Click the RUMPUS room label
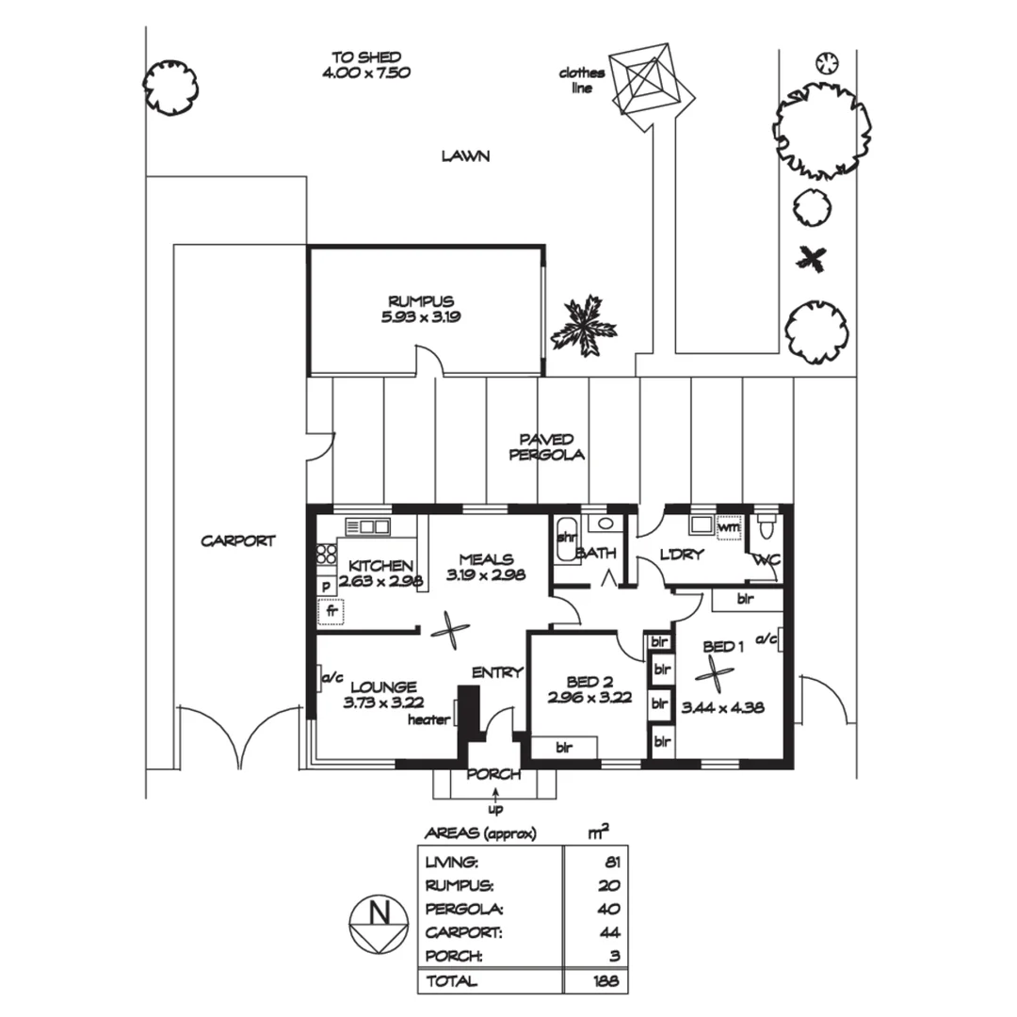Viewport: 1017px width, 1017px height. (x=421, y=301)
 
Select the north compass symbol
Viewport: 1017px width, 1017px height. (x=379, y=925)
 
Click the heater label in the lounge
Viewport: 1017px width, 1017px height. (x=429, y=720)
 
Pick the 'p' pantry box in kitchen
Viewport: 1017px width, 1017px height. (x=326, y=585)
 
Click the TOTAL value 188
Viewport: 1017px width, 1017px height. (x=607, y=980)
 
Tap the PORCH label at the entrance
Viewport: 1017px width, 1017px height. (x=493, y=774)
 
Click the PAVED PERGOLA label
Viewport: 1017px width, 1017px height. (x=547, y=446)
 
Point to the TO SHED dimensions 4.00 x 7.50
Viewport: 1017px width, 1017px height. (x=370, y=72)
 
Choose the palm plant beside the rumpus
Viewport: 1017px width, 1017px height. (x=583, y=324)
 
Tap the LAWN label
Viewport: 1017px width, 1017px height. (x=466, y=155)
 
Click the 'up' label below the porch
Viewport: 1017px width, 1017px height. (x=495, y=808)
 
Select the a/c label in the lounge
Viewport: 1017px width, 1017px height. (x=331, y=676)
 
